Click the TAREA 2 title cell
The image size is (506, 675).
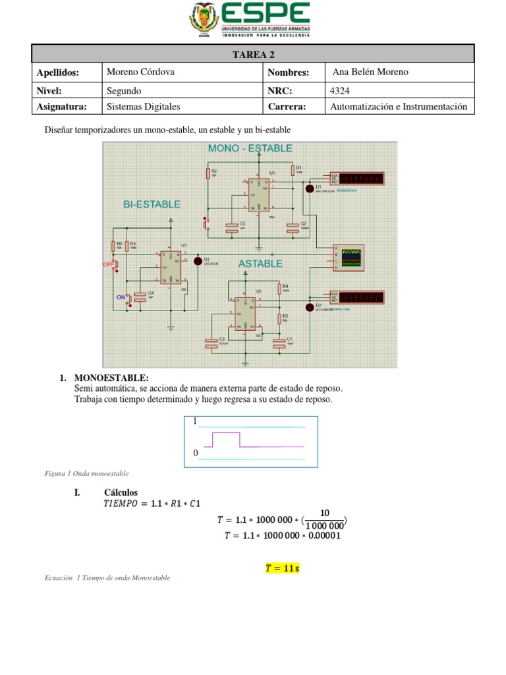(253, 54)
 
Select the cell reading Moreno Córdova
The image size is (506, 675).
(140, 72)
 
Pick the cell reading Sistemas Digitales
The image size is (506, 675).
(143, 106)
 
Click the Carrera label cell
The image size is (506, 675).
(287, 106)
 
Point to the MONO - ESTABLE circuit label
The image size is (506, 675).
(250, 149)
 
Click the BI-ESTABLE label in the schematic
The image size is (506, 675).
(152, 204)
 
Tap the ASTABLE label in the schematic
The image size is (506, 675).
(260, 264)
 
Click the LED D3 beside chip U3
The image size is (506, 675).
(197, 261)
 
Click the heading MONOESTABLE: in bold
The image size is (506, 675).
(112, 378)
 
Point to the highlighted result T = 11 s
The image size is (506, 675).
(282, 568)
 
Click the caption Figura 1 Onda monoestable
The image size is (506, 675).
(87, 473)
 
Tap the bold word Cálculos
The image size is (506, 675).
(121, 492)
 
